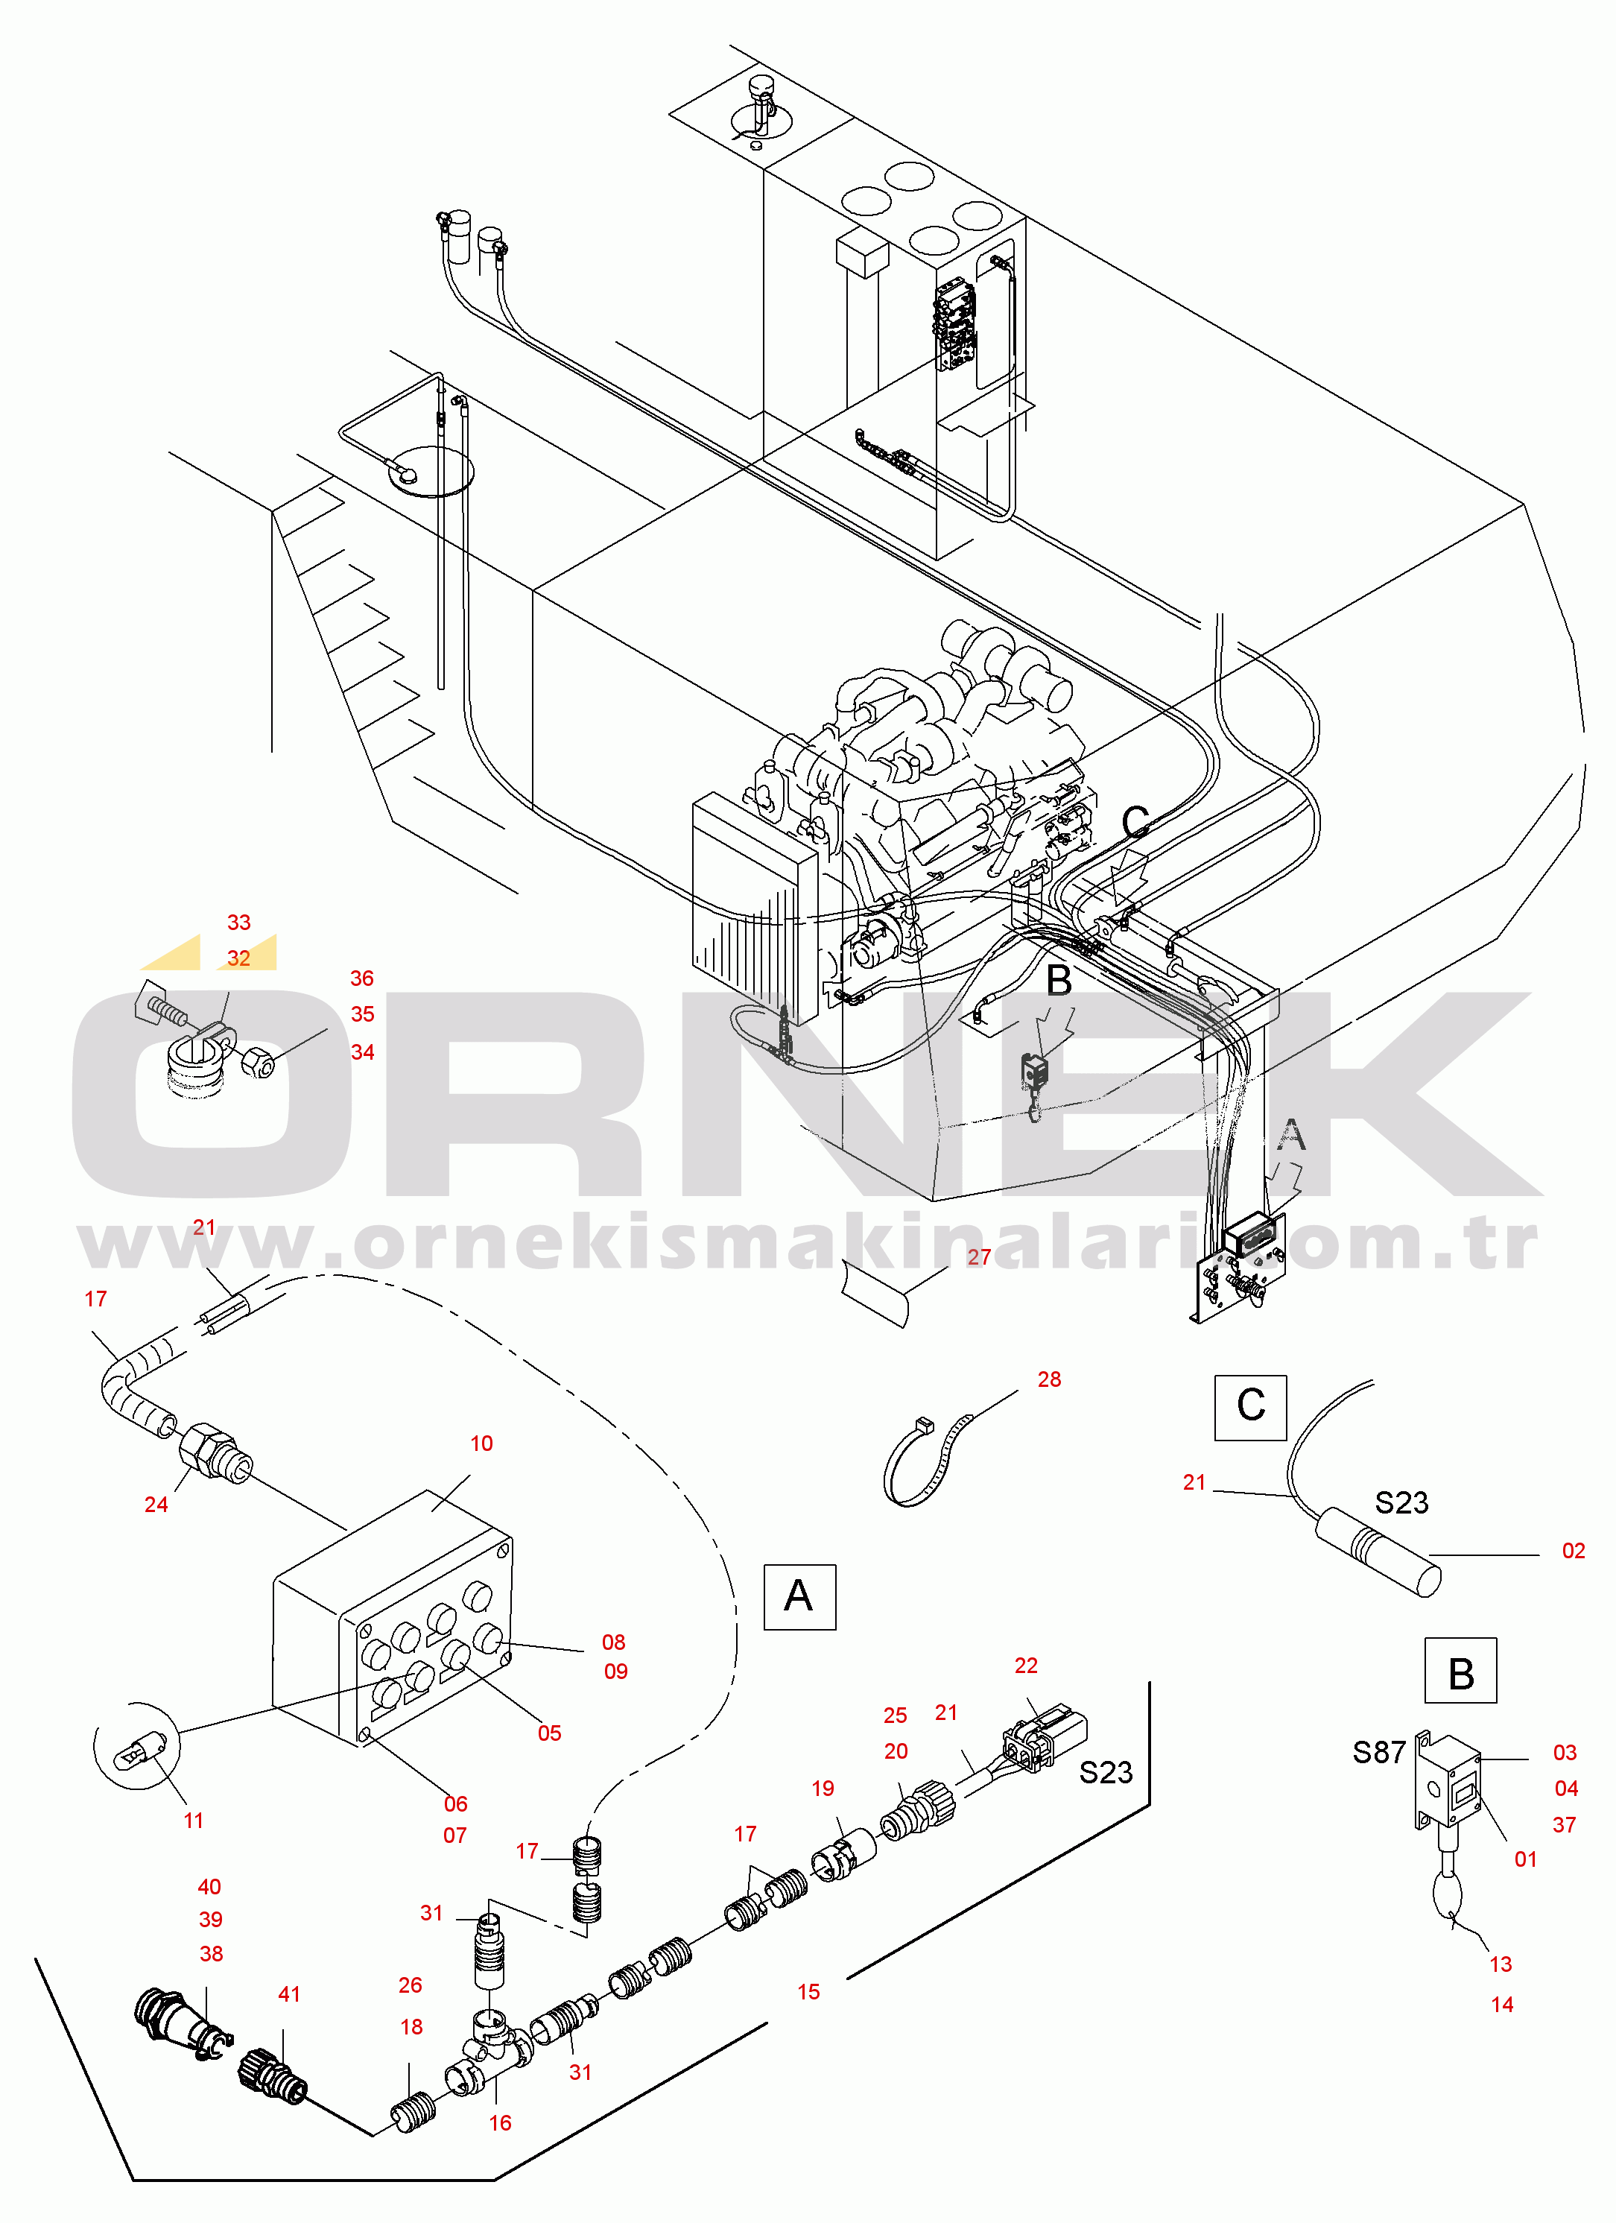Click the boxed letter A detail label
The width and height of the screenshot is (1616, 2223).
pyautogui.click(x=799, y=1597)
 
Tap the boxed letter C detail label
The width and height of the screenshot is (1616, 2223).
pyautogui.click(x=1250, y=1408)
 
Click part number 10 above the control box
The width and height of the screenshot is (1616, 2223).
pyautogui.click(x=481, y=1443)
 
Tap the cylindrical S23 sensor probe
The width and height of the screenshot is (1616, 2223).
pyautogui.click(x=1377, y=1552)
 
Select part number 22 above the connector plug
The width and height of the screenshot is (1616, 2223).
pyautogui.click(x=1026, y=1666)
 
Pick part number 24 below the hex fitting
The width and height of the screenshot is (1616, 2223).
pyautogui.click(x=156, y=1505)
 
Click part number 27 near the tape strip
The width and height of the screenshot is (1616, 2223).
pyautogui.click(x=979, y=1256)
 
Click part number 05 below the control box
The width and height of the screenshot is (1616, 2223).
pyautogui.click(x=550, y=1733)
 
